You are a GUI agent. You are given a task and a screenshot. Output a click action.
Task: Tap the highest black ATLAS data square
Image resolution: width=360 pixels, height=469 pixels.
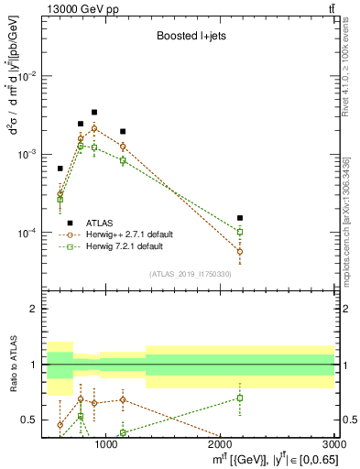click(x=94, y=112)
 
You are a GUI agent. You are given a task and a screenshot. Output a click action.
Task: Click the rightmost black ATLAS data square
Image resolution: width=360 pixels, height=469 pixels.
click(x=240, y=218)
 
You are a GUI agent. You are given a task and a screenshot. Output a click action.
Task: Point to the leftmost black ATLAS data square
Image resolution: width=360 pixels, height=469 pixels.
click(x=60, y=169)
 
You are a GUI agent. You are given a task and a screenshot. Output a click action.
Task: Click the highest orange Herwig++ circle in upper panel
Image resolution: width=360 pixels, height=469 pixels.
click(x=94, y=128)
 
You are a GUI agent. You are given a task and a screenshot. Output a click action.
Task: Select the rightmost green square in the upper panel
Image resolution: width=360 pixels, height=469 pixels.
click(x=240, y=232)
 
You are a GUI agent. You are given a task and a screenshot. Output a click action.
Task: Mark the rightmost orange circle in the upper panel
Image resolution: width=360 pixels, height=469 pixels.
click(x=240, y=251)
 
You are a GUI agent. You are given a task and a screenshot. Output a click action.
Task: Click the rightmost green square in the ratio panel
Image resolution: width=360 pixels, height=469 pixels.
click(x=240, y=398)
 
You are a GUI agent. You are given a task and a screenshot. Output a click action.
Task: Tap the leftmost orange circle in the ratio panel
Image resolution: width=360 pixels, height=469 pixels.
click(x=60, y=425)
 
